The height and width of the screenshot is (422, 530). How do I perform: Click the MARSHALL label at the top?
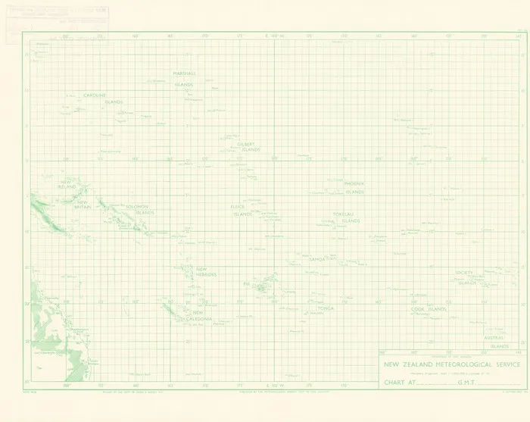[184, 73]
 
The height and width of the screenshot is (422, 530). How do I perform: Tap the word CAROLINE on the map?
[98, 95]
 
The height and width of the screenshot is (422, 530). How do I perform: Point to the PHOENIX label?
[354, 183]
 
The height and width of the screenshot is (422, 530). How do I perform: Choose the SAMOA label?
[316, 259]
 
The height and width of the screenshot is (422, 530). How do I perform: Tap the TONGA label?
[326, 308]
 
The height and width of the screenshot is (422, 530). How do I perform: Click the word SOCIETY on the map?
[464, 272]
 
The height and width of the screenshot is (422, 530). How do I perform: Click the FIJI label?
[246, 284]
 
